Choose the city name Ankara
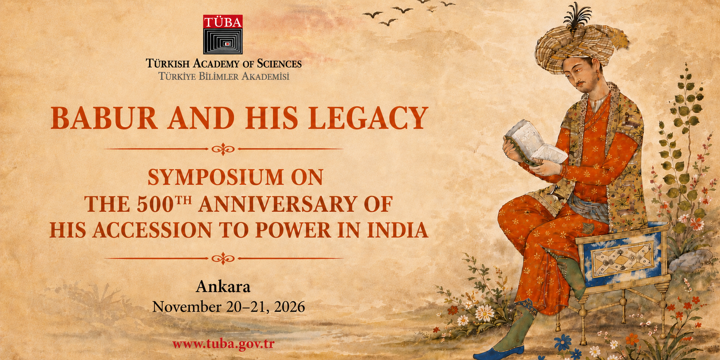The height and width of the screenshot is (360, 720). pos(223,287)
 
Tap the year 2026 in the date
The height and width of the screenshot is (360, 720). pos(289,307)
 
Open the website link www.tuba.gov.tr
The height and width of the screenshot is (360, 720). pos(224,344)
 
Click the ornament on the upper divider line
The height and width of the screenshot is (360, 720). pos(223,149)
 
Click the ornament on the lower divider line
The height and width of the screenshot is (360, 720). pos(223,258)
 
